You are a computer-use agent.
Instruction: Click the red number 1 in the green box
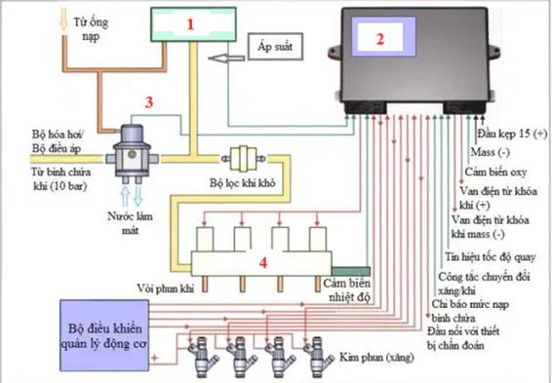coord(190,24)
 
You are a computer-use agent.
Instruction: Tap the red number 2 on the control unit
coord(379,39)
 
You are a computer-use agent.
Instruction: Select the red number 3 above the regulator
coord(149,102)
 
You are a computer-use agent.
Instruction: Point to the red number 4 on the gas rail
coord(263,263)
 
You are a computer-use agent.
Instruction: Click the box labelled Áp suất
coord(275,47)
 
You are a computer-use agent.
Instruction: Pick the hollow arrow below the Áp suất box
coord(226,58)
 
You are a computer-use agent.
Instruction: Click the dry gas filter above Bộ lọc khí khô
coord(243,159)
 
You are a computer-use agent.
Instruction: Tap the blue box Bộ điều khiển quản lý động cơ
coord(104,335)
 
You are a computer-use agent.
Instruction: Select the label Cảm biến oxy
coord(495,172)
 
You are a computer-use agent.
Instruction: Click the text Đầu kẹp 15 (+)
coord(512,134)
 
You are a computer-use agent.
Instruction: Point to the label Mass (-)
coord(490,152)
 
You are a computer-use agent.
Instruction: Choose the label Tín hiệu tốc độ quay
coord(490,257)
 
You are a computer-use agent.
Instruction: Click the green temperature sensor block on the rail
coord(351,271)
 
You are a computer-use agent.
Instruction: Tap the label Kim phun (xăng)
coord(376,358)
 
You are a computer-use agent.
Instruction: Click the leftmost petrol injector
coord(203,354)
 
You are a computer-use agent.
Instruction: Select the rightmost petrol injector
coord(318,354)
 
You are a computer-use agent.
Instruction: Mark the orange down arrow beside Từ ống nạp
coord(63,20)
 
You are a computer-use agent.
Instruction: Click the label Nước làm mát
coord(130,223)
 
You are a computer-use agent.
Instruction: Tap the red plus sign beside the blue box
coord(154,359)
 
